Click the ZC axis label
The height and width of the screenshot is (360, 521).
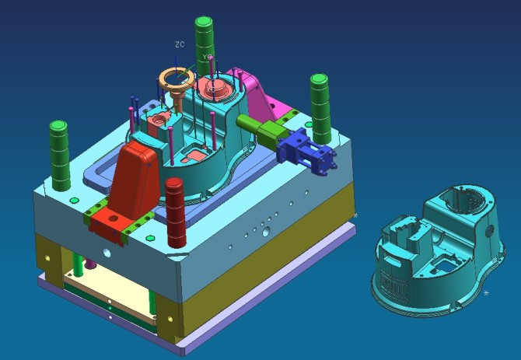[x=180, y=44]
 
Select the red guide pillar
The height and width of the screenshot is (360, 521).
[x=176, y=212]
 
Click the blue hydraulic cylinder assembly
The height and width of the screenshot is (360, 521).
[x=306, y=151]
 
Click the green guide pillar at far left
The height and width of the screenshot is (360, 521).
[x=60, y=156]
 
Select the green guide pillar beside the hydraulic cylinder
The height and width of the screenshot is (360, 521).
[x=320, y=109]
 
